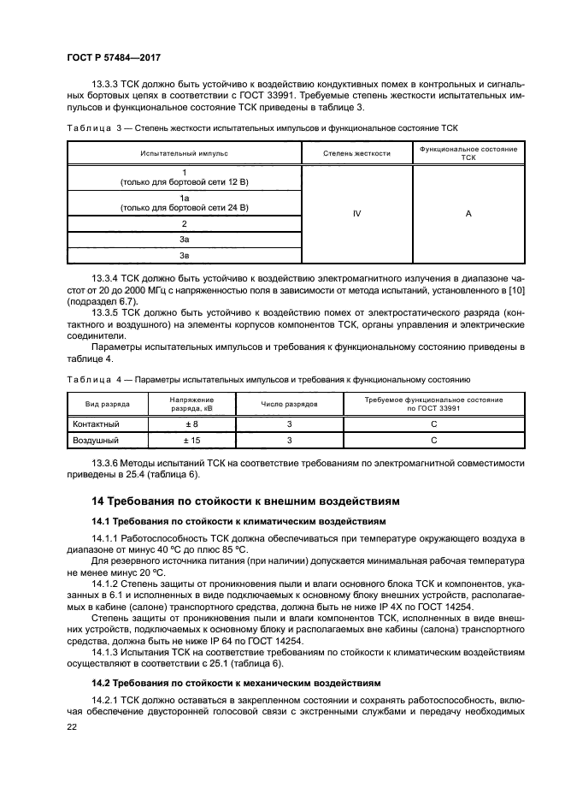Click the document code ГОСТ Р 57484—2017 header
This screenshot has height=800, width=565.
coord(114,56)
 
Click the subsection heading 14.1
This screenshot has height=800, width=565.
coord(238,520)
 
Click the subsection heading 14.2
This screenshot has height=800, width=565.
coord(238,684)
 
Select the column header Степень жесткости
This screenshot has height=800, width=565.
coord(356,153)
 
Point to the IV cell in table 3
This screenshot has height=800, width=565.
coord(356,214)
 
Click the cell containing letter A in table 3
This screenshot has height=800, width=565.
coord(468,214)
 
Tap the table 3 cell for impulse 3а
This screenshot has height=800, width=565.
coord(184,240)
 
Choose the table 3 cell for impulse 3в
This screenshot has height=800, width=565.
coord(184,256)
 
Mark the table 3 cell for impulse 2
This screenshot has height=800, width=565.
coord(184,223)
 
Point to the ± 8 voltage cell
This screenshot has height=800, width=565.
coord(191,424)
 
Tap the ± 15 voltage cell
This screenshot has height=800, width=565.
coord(191,440)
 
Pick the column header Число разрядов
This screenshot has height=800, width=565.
coord(290,404)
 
